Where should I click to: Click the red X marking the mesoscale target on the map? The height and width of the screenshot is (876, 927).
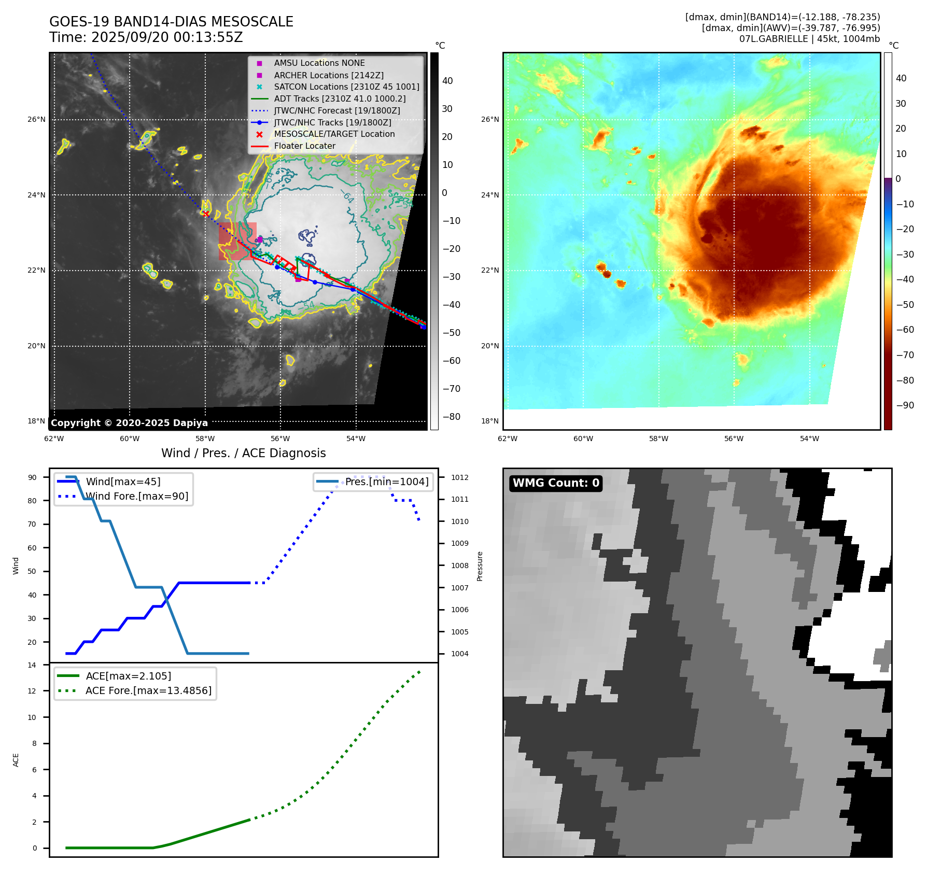click(x=206, y=214)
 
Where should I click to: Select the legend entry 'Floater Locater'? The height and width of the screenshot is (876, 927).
click(x=304, y=146)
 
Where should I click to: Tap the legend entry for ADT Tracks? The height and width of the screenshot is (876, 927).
click(x=340, y=98)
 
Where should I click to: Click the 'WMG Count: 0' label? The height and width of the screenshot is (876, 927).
click(x=556, y=483)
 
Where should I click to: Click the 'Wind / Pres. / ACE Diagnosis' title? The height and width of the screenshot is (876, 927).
click(x=243, y=453)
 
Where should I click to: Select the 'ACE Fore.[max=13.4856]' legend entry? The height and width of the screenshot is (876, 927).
click(x=148, y=690)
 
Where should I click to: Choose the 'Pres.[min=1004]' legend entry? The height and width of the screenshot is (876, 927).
click(x=387, y=482)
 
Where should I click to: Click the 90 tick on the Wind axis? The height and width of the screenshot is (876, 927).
click(x=32, y=477)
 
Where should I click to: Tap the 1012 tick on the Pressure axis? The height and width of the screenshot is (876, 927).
click(x=459, y=477)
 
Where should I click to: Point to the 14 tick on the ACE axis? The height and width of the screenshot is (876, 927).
click(x=32, y=665)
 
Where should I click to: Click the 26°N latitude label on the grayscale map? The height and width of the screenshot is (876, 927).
click(x=36, y=119)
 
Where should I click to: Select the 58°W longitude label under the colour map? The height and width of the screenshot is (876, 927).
click(x=658, y=439)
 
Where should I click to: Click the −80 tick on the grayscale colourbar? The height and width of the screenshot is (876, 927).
click(x=451, y=417)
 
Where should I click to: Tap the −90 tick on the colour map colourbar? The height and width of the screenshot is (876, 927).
click(x=905, y=405)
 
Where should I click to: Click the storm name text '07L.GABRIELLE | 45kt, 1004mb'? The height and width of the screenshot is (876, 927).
click(x=809, y=39)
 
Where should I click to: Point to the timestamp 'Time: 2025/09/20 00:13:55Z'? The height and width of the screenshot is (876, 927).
click(x=146, y=37)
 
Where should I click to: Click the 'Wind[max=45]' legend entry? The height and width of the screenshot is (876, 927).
click(x=123, y=482)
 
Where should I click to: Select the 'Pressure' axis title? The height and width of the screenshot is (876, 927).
click(x=480, y=566)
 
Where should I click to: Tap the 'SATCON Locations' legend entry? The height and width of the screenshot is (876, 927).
click(x=346, y=87)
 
